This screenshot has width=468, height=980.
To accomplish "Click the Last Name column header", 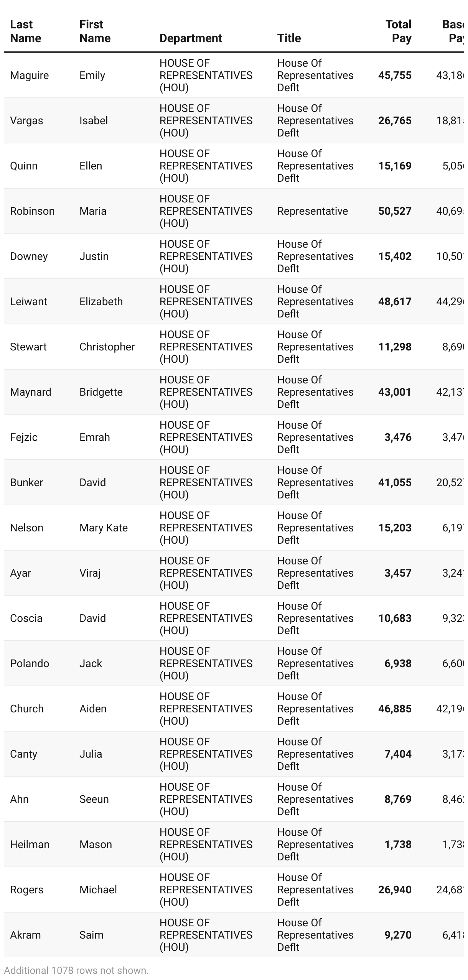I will (25, 31).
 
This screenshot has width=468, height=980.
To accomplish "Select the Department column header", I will (191, 38).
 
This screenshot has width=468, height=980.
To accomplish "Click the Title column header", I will (289, 38).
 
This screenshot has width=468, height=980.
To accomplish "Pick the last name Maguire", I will (29, 76).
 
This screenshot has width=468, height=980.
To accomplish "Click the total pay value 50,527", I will (394, 211).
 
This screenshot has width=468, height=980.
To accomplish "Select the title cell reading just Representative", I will (312, 211).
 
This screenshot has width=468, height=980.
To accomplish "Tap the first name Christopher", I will (107, 347).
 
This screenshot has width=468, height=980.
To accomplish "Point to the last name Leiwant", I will (28, 302).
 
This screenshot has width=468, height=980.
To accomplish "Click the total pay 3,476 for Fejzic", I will (397, 437).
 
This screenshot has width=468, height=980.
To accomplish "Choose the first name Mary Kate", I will (103, 528).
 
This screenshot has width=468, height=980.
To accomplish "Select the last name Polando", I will (30, 664).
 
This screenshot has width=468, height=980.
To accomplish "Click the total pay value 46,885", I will (394, 709).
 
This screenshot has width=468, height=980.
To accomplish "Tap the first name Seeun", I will (94, 799).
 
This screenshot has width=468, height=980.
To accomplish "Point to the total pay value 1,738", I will (397, 845).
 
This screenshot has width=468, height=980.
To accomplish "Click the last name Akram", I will (25, 935).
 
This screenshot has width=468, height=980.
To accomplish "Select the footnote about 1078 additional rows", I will (76, 970).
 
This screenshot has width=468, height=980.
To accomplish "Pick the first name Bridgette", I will (101, 392).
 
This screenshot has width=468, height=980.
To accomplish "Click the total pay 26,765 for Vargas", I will (394, 121).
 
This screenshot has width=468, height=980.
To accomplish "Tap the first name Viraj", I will (90, 573).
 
